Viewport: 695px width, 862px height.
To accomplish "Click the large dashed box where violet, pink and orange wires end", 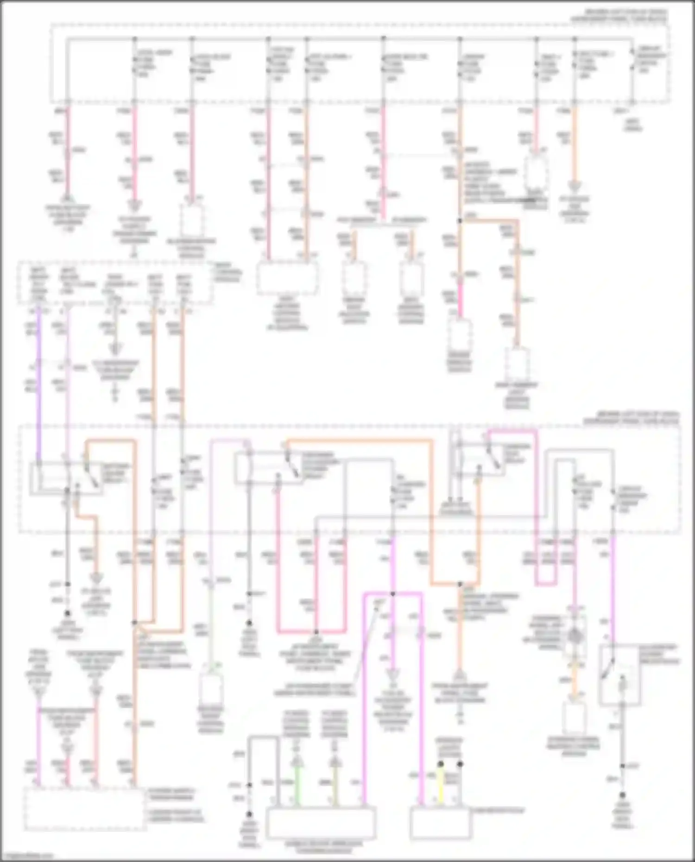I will coord(84,808).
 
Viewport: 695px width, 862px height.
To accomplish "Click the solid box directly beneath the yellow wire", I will coord(441,822).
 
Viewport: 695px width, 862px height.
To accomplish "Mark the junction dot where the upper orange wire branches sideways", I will coord(460,221).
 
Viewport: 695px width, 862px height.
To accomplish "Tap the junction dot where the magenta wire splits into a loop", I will coord(392,593).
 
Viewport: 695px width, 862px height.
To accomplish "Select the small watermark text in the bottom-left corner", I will coord(25,856).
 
